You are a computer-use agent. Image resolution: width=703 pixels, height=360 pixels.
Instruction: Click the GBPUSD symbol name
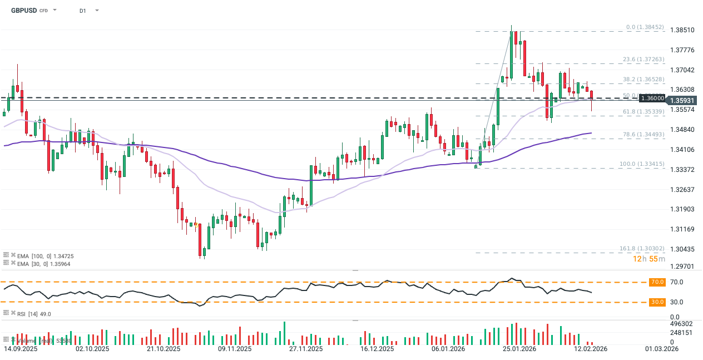click(24, 10)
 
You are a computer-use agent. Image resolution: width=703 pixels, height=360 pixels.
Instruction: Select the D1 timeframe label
click(83, 11)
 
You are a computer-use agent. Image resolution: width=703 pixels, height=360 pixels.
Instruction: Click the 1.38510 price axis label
click(682, 30)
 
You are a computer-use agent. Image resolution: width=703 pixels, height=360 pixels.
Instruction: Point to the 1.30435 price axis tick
click(682, 249)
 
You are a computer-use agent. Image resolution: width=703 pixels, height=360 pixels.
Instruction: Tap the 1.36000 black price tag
click(652, 98)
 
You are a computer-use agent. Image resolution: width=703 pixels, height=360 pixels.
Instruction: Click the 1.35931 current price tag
click(682, 100)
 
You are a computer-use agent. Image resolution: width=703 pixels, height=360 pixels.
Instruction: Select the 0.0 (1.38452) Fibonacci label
click(645, 27)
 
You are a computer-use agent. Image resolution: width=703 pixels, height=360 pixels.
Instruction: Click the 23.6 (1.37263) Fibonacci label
click(642, 59)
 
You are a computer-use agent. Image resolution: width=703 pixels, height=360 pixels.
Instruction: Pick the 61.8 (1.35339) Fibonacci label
click(642, 112)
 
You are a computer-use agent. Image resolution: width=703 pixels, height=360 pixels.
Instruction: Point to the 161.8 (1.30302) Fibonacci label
click(642, 248)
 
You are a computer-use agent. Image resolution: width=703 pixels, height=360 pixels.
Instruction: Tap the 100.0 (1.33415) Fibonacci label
click(642, 164)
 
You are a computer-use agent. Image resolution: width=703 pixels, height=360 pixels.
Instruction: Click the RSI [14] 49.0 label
click(35, 314)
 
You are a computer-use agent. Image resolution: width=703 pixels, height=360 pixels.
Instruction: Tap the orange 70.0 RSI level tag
click(657, 282)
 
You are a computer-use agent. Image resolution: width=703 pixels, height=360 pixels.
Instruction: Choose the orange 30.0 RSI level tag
click(657, 302)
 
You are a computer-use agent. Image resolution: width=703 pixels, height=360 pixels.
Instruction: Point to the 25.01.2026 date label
click(519, 349)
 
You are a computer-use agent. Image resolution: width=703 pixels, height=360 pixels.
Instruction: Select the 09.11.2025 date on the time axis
click(235, 349)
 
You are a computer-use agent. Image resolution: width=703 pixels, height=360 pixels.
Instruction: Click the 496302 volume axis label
click(681, 323)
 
